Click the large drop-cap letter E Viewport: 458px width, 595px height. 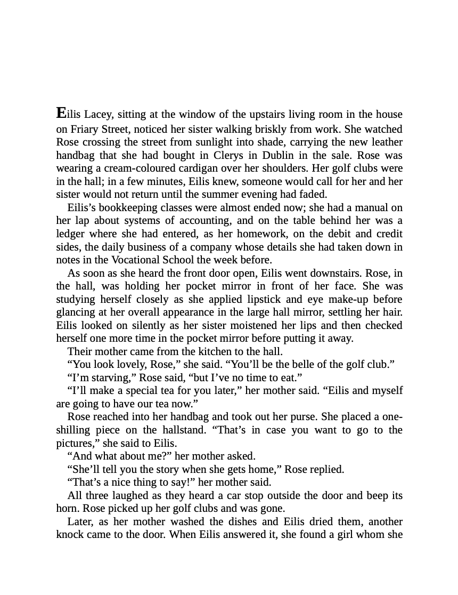tap(61, 113)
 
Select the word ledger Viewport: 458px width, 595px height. tap(71, 234)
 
